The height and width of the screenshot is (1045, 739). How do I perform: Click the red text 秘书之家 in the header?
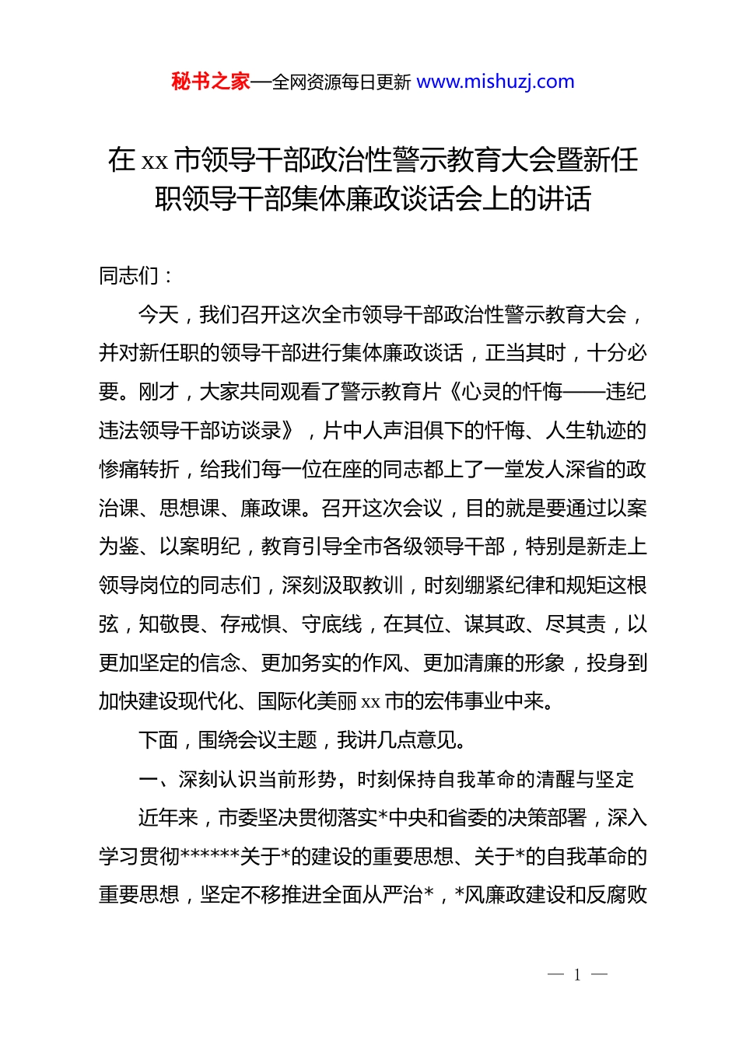(x=211, y=82)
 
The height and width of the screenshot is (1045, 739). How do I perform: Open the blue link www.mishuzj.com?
(x=496, y=82)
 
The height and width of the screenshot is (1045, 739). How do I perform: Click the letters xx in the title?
(x=155, y=161)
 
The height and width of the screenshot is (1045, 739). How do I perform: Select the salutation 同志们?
(x=128, y=275)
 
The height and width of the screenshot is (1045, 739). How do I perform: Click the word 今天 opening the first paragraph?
(x=159, y=314)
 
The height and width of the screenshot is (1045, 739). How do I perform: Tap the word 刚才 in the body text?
(x=159, y=392)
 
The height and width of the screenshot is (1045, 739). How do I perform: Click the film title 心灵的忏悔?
(x=512, y=392)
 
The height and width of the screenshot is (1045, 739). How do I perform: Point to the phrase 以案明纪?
(x=200, y=547)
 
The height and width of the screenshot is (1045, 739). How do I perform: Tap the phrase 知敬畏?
(x=170, y=624)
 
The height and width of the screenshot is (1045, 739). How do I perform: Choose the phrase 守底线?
(x=332, y=624)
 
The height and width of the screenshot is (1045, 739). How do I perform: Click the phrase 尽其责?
(x=576, y=624)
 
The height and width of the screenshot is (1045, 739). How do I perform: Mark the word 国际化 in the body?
(x=287, y=701)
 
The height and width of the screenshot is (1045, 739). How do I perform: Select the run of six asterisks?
(x=210, y=857)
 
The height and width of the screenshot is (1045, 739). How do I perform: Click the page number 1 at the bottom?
(x=577, y=975)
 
